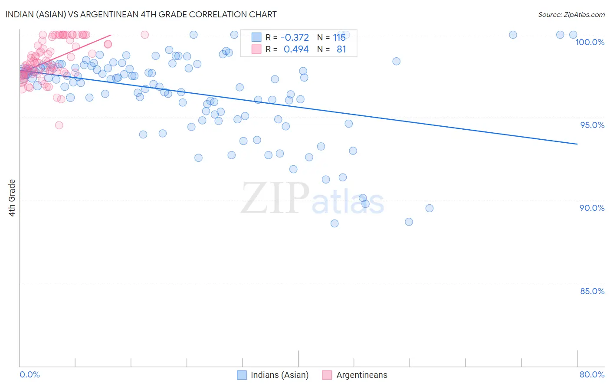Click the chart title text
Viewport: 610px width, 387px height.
point(141,14)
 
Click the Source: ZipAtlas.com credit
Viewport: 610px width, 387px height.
point(571,14)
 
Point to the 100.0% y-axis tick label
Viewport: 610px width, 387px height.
point(590,42)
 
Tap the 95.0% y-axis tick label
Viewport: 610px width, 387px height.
point(592,125)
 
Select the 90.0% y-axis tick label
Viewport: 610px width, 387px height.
point(592,208)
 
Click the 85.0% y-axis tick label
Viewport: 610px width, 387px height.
point(592,291)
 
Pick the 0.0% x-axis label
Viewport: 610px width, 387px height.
point(30,374)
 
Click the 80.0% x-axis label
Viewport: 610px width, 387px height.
point(592,374)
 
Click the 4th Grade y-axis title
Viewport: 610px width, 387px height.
point(12,198)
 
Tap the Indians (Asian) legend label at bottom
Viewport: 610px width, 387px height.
point(279,375)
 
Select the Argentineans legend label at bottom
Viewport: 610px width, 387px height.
point(362,375)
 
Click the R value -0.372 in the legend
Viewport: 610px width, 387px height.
point(295,38)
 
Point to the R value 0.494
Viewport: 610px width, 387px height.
point(296,49)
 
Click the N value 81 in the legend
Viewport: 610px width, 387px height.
point(341,49)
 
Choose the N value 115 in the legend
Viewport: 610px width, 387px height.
point(339,38)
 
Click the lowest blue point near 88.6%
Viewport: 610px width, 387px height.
point(335,223)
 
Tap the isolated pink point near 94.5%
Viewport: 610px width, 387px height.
point(59,125)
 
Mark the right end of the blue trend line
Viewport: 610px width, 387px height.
point(577,144)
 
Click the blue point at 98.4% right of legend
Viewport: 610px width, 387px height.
point(396,61)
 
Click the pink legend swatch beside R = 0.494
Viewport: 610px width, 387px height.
point(256,49)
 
